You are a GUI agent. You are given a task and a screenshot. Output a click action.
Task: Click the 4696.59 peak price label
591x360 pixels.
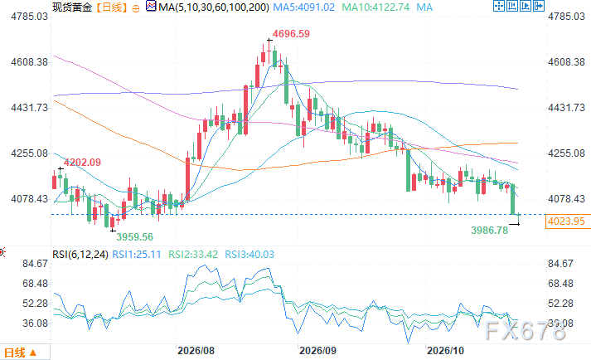coord(291,34)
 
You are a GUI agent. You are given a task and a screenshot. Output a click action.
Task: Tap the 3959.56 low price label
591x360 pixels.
coord(134,237)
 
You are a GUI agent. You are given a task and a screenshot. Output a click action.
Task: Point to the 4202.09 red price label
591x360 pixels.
coord(82,163)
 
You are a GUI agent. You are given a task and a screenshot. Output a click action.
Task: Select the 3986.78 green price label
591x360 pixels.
coord(490,231)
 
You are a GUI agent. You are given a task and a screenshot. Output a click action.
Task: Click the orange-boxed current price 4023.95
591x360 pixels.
coord(566,221)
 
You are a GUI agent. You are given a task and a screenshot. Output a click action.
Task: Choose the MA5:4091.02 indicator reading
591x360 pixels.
coord(304,7)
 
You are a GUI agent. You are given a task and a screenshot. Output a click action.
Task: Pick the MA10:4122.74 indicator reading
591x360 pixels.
coord(375,7)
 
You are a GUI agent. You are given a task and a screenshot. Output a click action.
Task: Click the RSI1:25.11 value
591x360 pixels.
coord(137,255)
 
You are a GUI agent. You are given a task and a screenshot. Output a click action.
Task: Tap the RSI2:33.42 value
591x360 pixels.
coord(193,255)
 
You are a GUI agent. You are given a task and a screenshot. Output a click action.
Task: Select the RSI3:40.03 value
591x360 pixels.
coord(249,255)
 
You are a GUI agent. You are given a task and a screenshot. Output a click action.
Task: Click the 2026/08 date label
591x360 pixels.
coord(196,351)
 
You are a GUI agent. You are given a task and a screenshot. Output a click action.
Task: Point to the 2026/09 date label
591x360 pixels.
coord(317,351)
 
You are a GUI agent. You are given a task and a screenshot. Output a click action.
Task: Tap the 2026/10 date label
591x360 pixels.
coord(445,351)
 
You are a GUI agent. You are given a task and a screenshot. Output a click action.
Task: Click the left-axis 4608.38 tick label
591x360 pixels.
coord(29,62)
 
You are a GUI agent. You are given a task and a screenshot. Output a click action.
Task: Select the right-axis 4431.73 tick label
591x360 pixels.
coord(566,108)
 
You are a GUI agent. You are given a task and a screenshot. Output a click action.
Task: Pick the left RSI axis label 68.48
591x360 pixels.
coord(35,284)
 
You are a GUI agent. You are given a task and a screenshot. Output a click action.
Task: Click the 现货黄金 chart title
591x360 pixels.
coord(72,7)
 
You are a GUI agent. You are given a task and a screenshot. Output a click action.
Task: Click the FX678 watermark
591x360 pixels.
coord(525,331)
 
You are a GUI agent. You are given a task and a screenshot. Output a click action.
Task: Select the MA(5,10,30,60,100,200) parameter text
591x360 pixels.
coord(214,7)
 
